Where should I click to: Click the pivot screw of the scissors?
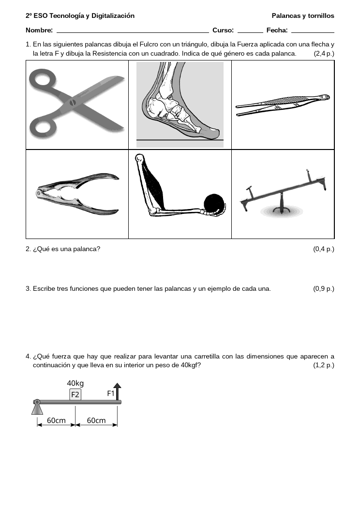click(73, 103)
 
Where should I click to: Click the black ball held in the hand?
click(214, 203)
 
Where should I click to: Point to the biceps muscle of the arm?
click(154, 185)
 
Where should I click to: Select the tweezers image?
click(283, 105)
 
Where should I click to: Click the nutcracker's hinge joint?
click(39, 194)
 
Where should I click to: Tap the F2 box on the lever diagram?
click(75, 394)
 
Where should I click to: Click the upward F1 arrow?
click(118, 391)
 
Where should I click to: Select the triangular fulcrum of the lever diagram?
click(37, 407)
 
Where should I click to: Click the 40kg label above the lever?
click(75, 383)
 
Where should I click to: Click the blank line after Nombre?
click(133, 32)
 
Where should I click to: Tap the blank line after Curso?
click(250, 32)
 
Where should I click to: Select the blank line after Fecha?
click(313, 32)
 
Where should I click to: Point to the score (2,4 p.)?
click(324, 54)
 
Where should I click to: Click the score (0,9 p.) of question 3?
click(324, 288)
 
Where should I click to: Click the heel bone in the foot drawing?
click(152, 107)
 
